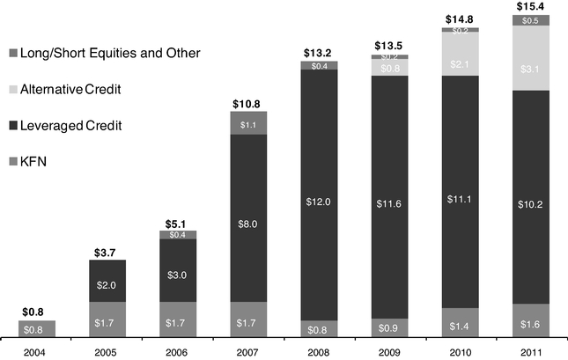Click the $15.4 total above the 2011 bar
tap(532, 7)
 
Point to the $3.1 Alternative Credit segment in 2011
tap(532, 57)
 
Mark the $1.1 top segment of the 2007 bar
tap(248, 124)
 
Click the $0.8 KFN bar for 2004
tap(37, 329)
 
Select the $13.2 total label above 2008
tap(319, 53)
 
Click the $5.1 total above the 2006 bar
tap(178, 224)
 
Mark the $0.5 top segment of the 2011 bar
tap(532, 20)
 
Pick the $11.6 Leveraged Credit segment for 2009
tap(390, 197)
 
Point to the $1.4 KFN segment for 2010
tap(461, 323)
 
